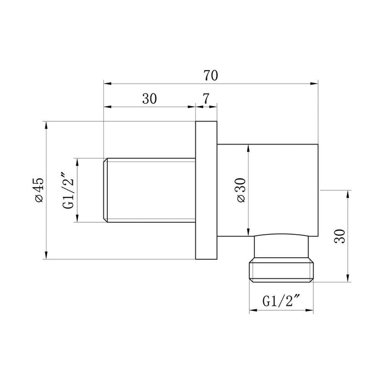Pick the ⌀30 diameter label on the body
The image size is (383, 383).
[x=241, y=190]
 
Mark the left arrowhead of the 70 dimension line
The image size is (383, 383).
[x=107, y=84]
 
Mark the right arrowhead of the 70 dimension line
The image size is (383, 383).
[x=315, y=84]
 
